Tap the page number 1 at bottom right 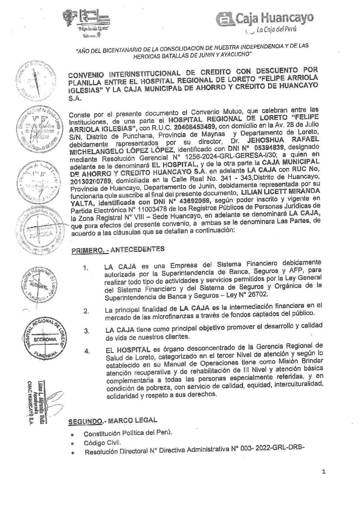324,472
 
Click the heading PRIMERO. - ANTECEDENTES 117,250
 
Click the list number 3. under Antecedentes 87,331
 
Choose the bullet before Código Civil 72,444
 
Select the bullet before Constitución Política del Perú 72,435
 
